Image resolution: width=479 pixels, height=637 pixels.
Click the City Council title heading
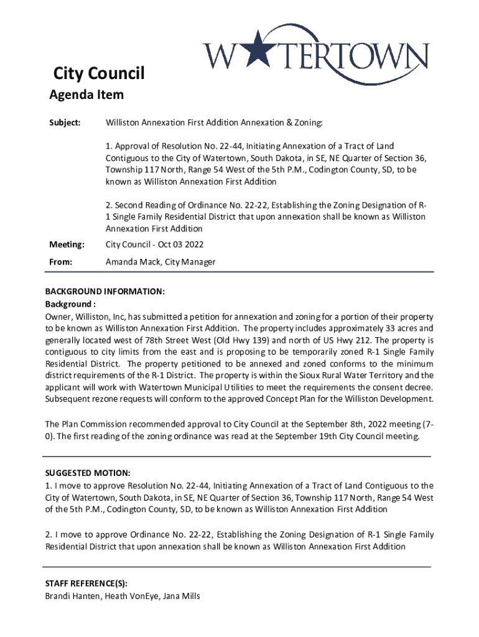coord(98,74)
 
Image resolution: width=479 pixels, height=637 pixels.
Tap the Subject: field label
coord(65,123)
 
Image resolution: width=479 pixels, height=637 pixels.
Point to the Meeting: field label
coord(67,244)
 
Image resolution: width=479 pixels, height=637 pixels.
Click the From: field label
coord(61,262)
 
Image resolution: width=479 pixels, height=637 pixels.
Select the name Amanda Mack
coord(133,262)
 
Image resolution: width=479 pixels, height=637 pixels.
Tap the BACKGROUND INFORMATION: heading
coord(105,291)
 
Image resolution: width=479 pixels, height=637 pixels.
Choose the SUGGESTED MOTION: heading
coord(88,473)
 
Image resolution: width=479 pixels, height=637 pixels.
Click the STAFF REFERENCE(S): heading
coord(86,584)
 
